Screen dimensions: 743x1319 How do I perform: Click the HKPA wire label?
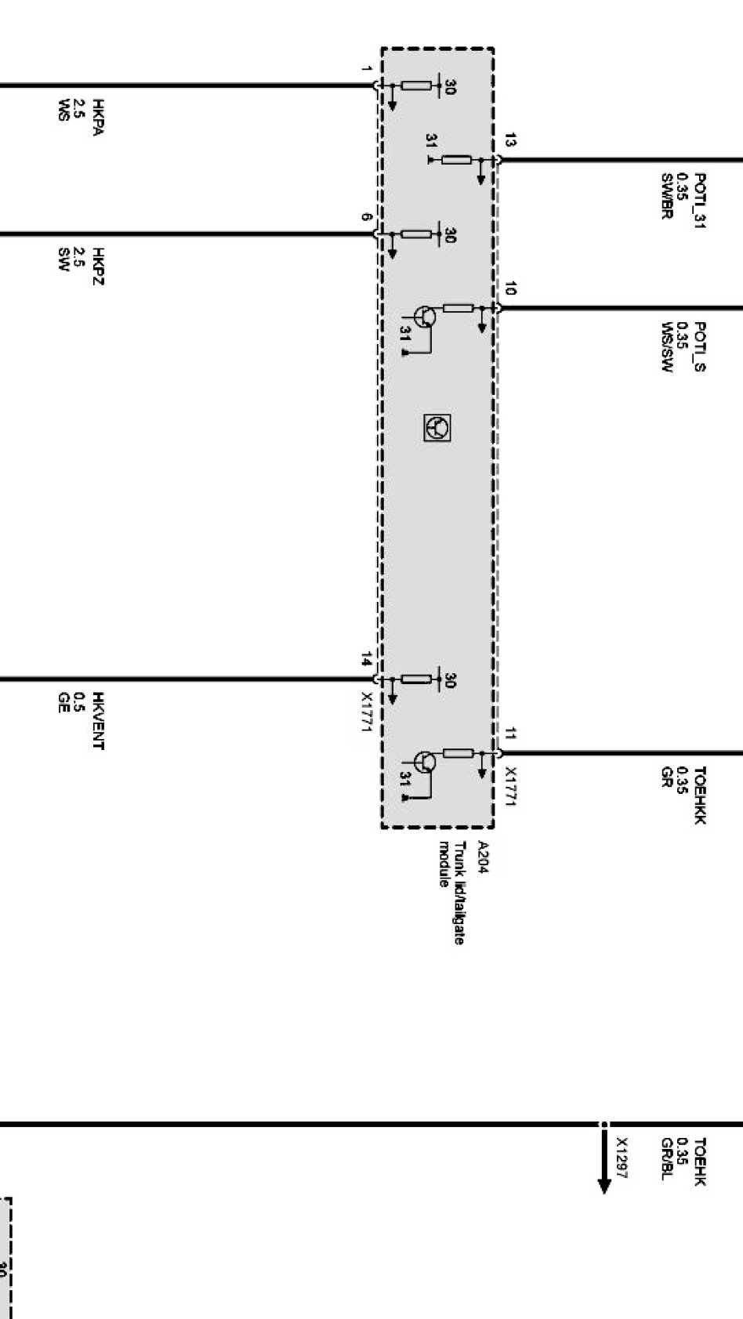98,118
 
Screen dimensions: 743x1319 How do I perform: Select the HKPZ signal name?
98,266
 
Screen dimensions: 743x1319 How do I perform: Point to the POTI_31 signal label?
700,201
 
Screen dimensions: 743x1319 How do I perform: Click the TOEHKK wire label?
700,795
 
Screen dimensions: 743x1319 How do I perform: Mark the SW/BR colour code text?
667,196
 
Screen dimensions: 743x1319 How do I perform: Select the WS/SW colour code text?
667,346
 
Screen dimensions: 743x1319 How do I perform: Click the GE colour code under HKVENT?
63,702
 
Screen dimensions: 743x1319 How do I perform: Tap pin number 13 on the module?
510,141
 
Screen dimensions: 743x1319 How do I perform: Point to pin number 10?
510,289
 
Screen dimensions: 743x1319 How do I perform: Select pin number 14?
366,659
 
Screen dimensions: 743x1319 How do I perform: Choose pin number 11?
510,734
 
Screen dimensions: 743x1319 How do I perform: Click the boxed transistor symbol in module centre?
437,427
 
